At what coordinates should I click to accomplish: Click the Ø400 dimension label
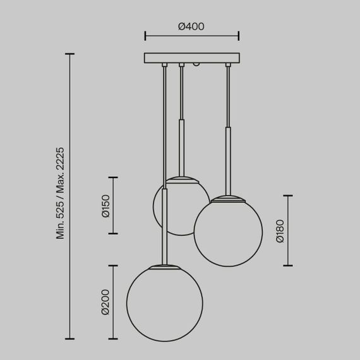pos(191,27)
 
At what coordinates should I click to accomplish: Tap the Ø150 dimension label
pos(106,205)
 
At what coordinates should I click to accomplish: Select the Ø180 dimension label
pos(280,231)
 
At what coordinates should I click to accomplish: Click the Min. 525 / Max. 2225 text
pos(61,193)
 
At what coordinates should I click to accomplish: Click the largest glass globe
pos(164,303)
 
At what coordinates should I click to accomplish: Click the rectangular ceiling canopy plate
pos(191,57)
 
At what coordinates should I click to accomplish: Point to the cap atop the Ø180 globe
pos(227,199)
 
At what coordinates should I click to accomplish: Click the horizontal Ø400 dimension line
pos(191,35)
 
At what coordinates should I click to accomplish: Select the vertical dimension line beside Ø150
pos(114,205)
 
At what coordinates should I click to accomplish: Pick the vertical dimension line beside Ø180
pos(288,231)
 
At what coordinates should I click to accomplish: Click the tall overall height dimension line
pos(69,196)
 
